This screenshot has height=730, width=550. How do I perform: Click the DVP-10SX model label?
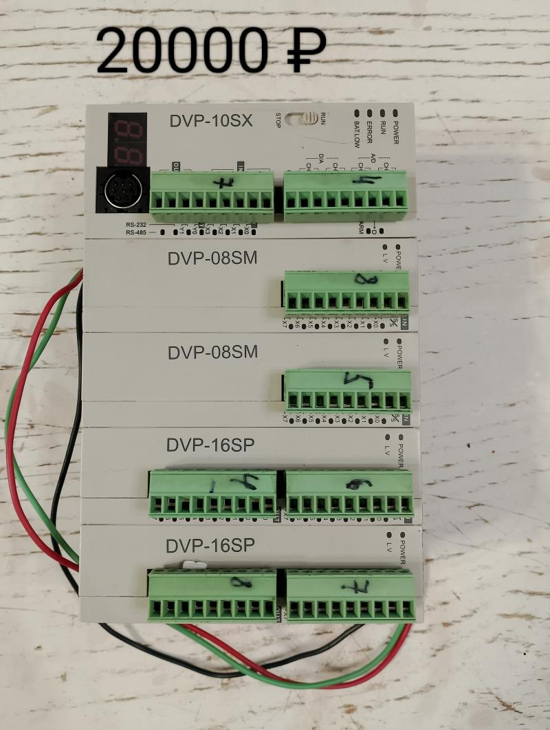pyautogui.click(x=211, y=121)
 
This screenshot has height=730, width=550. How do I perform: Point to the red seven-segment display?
pyautogui.click(x=127, y=138)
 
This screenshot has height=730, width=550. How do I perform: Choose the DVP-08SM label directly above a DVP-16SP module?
pyautogui.click(x=212, y=353)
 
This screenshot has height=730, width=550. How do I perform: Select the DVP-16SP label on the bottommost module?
pyautogui.click(x=210, y=546)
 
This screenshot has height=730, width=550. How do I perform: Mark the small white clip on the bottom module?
pyautogui.click(x=192, y=566)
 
